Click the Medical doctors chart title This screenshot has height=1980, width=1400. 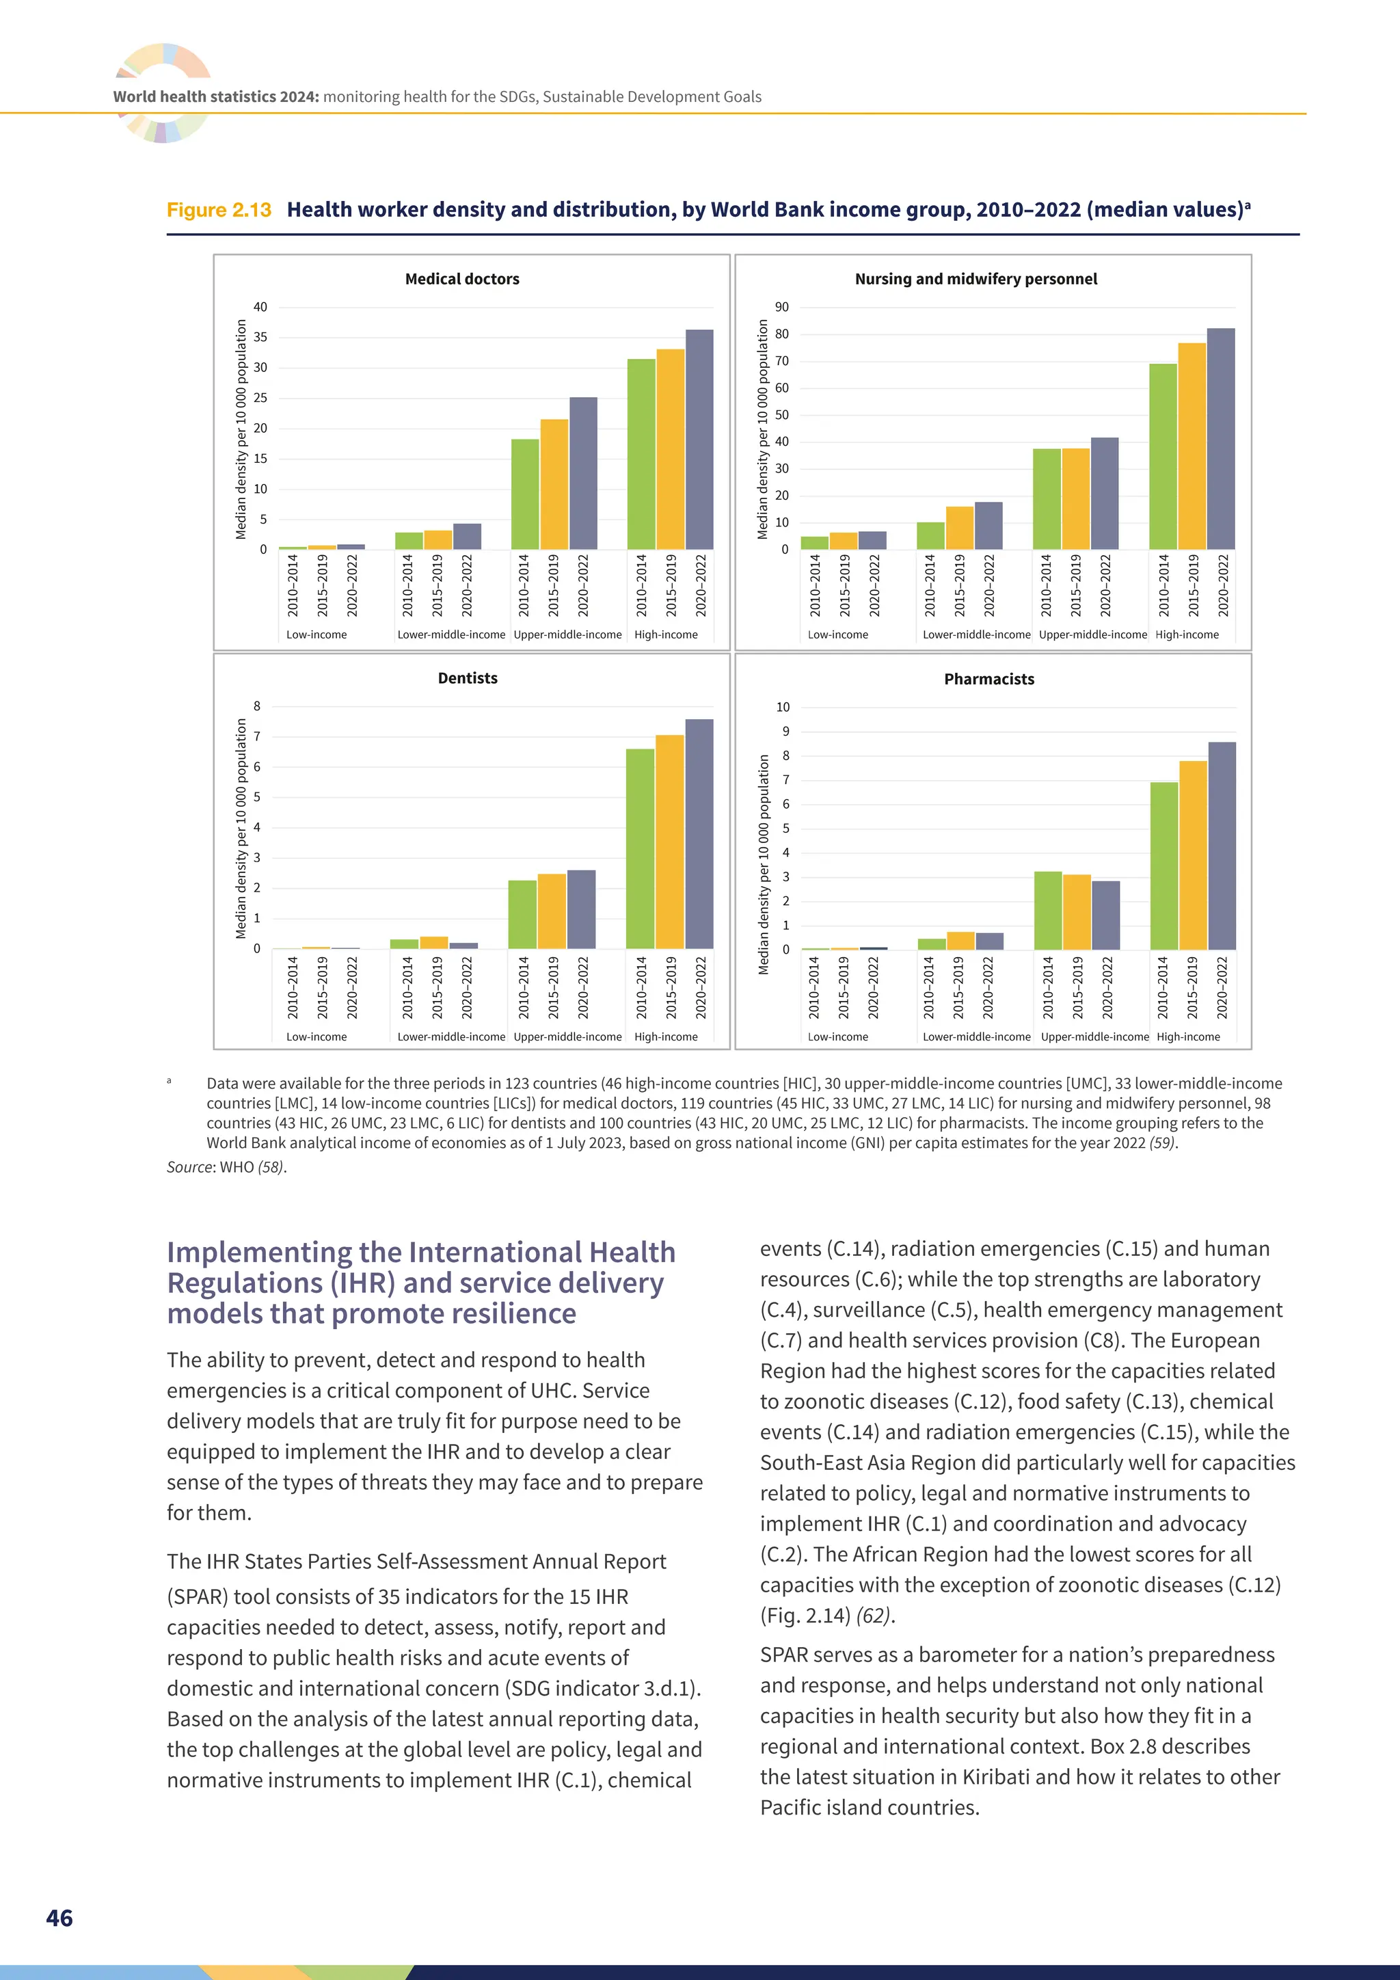[462, 278]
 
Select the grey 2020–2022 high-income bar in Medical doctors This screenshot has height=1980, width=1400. [699, 439]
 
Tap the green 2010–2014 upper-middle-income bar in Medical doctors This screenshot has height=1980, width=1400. [525, 494]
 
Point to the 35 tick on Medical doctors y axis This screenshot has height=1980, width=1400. [260, 337]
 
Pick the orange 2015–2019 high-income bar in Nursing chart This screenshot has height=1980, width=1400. [1192, 446]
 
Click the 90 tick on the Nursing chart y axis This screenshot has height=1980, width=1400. [781, 307]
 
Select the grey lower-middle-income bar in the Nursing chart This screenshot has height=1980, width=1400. [988, 525]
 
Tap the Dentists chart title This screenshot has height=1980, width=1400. [468, 678]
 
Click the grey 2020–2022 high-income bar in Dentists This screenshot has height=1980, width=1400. [699, 834]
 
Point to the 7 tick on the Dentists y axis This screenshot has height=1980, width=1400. [257, 736]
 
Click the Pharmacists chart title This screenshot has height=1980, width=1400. [988, 679]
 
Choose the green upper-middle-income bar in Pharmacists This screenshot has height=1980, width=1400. [1047, 911]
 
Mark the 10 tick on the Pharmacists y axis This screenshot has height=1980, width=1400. [782, 707]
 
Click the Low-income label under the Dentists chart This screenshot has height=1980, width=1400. [317, 1036]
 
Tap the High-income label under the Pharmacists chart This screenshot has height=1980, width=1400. [1188, 1036]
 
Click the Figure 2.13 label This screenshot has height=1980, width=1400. [219, 210]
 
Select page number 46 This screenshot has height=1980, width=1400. [59, 1917]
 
